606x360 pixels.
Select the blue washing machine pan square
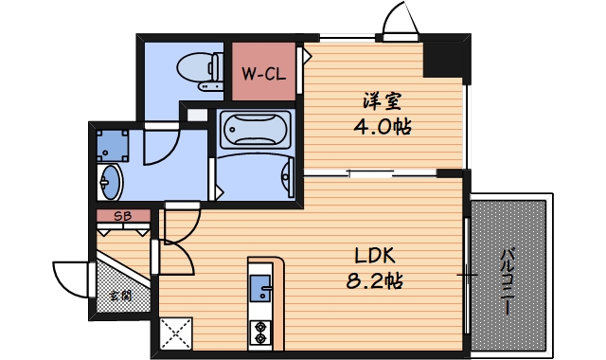[x=112, y=144]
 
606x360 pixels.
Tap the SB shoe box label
[x=122, y=216]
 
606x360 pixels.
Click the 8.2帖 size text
[x=375, y=281]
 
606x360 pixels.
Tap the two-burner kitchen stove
[x=260, y=332]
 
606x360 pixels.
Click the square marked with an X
[x=175, y=333]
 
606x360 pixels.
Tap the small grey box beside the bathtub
[x=196, y=116]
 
